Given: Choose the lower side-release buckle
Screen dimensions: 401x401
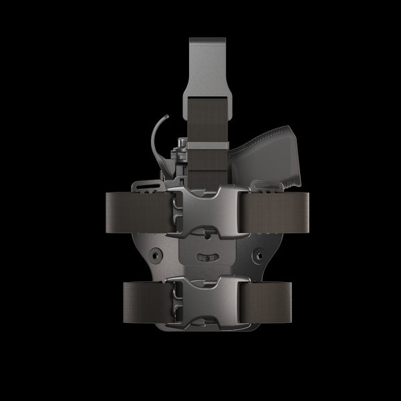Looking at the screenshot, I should coord(200,298).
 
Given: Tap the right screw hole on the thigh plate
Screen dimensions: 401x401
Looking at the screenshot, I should coord(255,255).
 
